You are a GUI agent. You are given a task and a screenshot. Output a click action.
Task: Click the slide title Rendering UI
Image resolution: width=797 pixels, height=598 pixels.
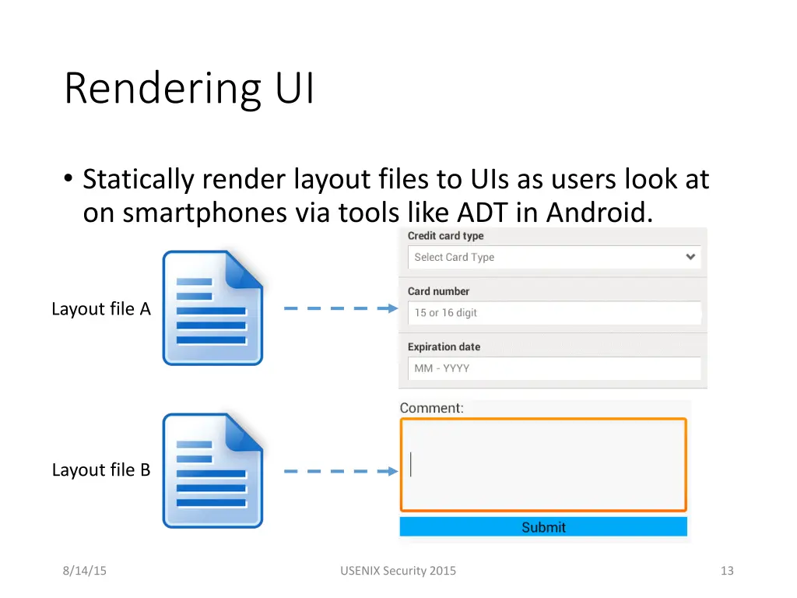(189, 88)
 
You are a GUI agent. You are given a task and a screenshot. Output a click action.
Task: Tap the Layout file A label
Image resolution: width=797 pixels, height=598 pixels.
(101, 309)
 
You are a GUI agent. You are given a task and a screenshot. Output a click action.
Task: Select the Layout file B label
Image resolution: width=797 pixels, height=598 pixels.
(101, 470)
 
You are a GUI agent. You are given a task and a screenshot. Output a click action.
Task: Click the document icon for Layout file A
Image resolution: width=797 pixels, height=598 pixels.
(212, 308)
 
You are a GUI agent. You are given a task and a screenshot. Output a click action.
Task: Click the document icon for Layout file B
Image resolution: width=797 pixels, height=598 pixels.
(212, 470)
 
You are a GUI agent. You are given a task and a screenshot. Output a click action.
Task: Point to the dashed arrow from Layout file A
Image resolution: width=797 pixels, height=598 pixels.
(340, 308)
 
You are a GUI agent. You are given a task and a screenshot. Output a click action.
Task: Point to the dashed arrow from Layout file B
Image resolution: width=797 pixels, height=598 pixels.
(340, 471)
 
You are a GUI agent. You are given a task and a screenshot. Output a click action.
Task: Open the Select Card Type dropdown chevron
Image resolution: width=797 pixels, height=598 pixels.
(690, 257)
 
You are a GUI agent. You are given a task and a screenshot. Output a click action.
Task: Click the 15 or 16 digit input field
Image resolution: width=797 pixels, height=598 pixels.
(554, 313)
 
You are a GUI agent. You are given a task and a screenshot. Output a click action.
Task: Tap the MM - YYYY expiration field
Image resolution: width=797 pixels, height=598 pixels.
(554, 368)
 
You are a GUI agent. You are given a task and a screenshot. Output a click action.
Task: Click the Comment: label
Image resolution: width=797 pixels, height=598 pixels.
(431, 408)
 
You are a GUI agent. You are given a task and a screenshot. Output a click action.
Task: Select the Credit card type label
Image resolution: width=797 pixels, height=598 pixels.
(445, 236)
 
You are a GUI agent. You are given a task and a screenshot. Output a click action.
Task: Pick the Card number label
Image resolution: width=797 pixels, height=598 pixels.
(438, 291)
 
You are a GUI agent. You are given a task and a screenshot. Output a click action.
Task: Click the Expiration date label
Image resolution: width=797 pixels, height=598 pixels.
(444, 346)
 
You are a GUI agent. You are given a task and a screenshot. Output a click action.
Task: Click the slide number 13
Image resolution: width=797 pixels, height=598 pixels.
(727, 571)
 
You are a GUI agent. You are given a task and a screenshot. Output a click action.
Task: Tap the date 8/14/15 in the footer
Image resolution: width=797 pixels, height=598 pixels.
(85, 571)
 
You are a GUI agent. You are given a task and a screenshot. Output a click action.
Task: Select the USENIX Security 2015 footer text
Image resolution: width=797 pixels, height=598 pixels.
(398, 571)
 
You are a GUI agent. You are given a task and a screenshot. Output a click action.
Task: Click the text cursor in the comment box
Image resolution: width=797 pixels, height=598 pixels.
(411, 465)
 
